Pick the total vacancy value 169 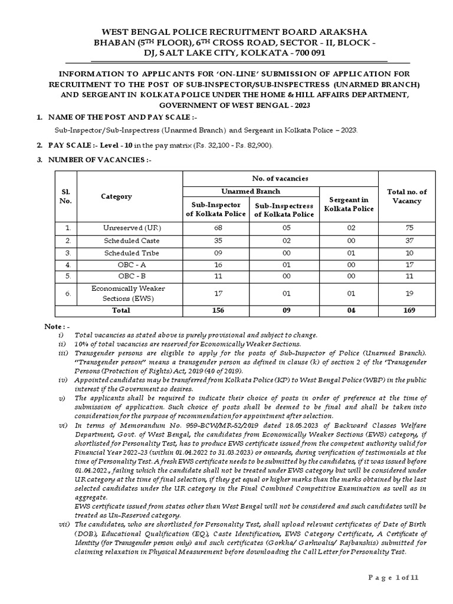point(406,310)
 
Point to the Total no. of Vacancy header point(406,196)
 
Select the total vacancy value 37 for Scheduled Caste point(406,240)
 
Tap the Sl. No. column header point(66,196)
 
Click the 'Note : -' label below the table point(58,326)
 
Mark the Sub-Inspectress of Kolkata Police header point(284,209)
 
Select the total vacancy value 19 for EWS point(406,293)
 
